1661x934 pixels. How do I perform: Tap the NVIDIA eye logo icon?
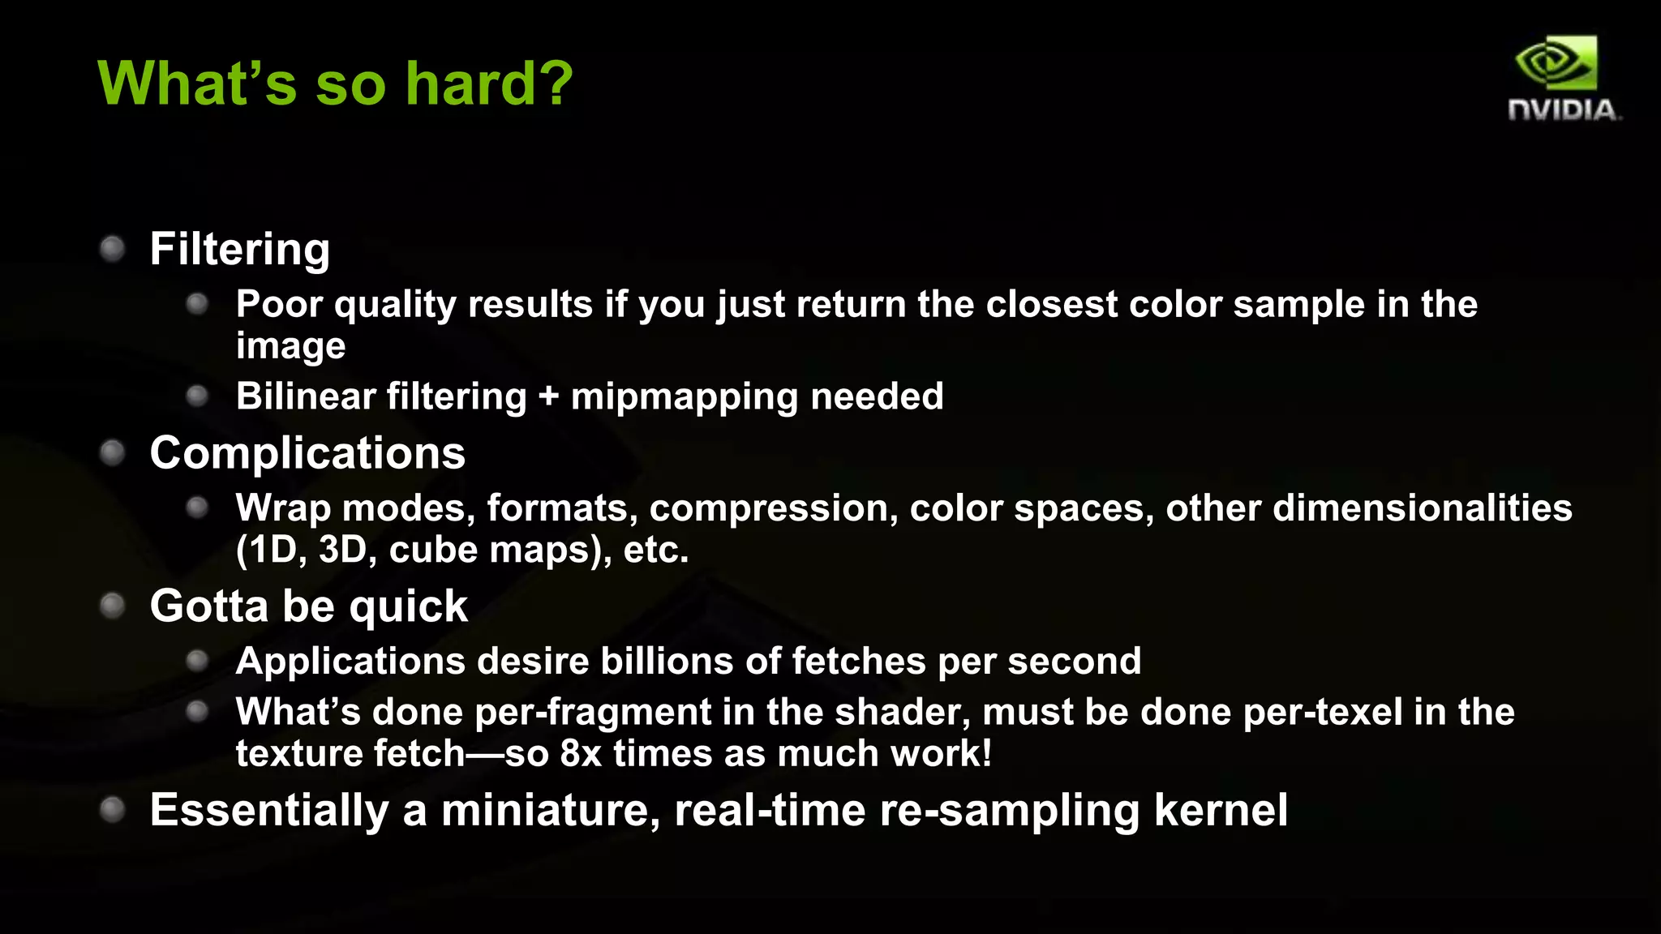1556,62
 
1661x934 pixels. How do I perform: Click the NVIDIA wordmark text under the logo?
1563,109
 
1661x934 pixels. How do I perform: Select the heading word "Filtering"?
239,249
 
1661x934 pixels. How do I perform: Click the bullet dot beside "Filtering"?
112,248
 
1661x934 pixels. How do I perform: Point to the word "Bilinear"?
306,396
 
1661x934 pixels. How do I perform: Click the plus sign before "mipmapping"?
548,396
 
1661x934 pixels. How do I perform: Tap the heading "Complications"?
307,452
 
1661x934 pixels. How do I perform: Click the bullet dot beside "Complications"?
112,452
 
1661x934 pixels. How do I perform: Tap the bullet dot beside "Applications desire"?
197,661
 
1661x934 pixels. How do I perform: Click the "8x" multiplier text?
581,753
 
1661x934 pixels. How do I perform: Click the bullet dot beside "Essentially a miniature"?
112,809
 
